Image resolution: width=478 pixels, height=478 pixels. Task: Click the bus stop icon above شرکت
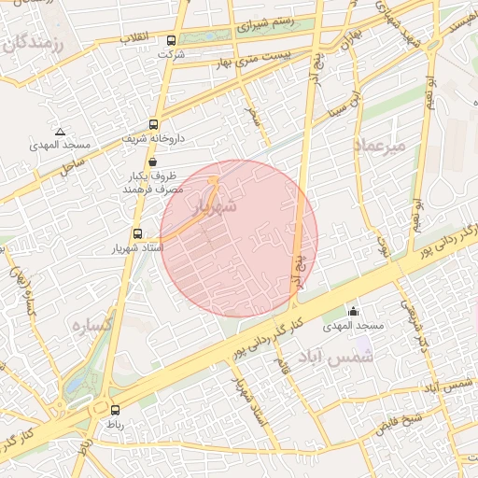171,41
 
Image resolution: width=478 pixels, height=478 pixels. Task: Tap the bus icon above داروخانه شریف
153,124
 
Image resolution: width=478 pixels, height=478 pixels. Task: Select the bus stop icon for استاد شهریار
138,234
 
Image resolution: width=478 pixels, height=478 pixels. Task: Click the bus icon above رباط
116,410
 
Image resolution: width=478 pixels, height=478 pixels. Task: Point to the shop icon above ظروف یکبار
153,162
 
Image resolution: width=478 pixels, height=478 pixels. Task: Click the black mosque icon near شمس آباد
353,312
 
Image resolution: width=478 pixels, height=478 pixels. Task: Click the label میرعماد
381,146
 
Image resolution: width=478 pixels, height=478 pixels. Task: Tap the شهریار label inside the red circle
216,207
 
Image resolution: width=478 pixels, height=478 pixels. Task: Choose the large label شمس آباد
335,356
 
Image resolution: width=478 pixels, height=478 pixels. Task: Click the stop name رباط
115,424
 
